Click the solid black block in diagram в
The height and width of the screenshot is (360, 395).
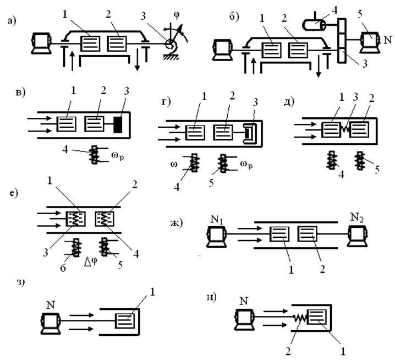pyautogui.click(x=118, y=124)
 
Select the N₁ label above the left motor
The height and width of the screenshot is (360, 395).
pyautogui.click(x=217, y=220)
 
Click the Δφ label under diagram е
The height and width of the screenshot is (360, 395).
pyautogui.click(x=90, y=263)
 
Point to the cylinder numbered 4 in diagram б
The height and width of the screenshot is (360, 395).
pyautogui.click(x=314, y=25)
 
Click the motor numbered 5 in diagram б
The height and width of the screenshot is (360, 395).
pyautogui.click(x=370, y=42)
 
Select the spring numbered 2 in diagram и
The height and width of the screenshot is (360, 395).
pyautogui.click(x=300, y=318)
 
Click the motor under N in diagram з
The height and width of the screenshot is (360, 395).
pyautogui.click(x=51, y=324)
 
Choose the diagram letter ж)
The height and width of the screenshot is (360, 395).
pyautogui.click(x=177, y=223)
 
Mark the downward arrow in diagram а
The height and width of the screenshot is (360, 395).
pyautogui.click(x=138, y=60)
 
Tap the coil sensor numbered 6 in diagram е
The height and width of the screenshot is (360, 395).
pyautogui.click(x=75, y=248)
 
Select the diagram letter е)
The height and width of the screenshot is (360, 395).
pyautogui.click(x=15, y=193)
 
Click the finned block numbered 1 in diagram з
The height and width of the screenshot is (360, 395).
pyautogui.click(x=125, y=321)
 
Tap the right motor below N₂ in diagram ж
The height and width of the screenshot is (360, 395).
pyautogui.click(x=357, y=236)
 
